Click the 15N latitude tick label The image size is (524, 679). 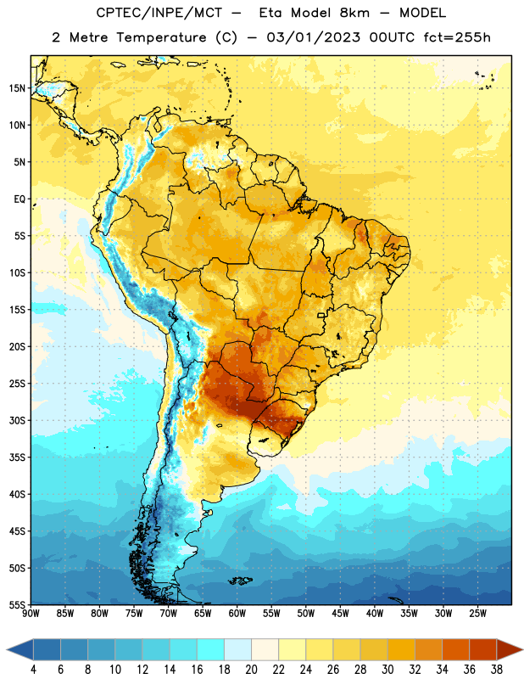pos(17,88)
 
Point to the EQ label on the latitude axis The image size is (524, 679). pos(20,199)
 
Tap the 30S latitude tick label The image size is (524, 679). pos(17,420)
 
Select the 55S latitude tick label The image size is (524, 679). pos(17,604)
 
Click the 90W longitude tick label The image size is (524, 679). pos(31,613)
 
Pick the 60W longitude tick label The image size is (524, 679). pos(237,613)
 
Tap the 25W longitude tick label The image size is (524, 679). pos(477,613)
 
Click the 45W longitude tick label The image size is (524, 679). pos(340,613)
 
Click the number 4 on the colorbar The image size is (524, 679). pos(33,670)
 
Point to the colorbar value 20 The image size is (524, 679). pos(251,670)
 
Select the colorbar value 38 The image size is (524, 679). pos(497,670)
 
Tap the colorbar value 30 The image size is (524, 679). pos(387,670)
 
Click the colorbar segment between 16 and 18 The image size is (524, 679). pos(210,649)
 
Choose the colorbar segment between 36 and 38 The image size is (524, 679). pos(483,649)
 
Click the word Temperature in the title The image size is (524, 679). pos(161,37)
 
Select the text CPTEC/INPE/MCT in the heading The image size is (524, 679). pos(159,13)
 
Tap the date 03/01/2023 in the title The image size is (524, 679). pos(313,37)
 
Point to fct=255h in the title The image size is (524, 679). pos(457,37)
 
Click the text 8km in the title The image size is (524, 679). pos(354,13)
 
